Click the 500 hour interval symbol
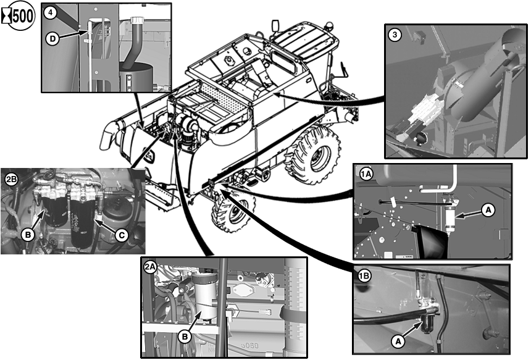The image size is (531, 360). [x=18, y=15]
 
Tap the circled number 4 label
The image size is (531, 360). [x=50, y=13]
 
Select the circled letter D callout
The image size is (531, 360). [x=53, y=39]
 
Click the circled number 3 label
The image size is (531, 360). [x=395, y=35]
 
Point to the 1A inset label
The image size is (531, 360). [x=366, y=174]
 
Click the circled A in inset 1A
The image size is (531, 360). [x=488, y=211]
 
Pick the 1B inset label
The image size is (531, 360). [x=364, y=277]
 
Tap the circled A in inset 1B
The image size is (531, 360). [x=398, y=341]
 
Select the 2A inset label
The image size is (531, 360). [x=150, y=267]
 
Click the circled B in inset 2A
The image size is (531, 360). [x=185, y=337]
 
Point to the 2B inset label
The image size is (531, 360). [x=12, y=179]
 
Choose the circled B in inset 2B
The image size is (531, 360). [x=28, y=235]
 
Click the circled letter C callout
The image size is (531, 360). [x=122, y=235]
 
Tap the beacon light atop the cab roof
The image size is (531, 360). [x=328, y=26]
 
